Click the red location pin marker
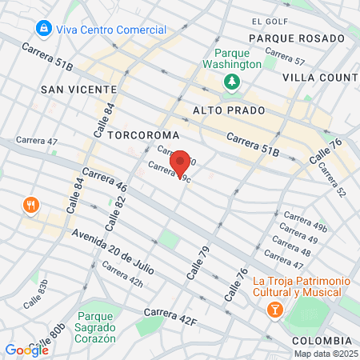click(180, 163)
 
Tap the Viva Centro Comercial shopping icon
click(43, 30)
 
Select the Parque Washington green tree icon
click(232, 81)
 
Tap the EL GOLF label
click(267, 21)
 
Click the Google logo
click(26, 350)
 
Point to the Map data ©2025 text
click(325, 353)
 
